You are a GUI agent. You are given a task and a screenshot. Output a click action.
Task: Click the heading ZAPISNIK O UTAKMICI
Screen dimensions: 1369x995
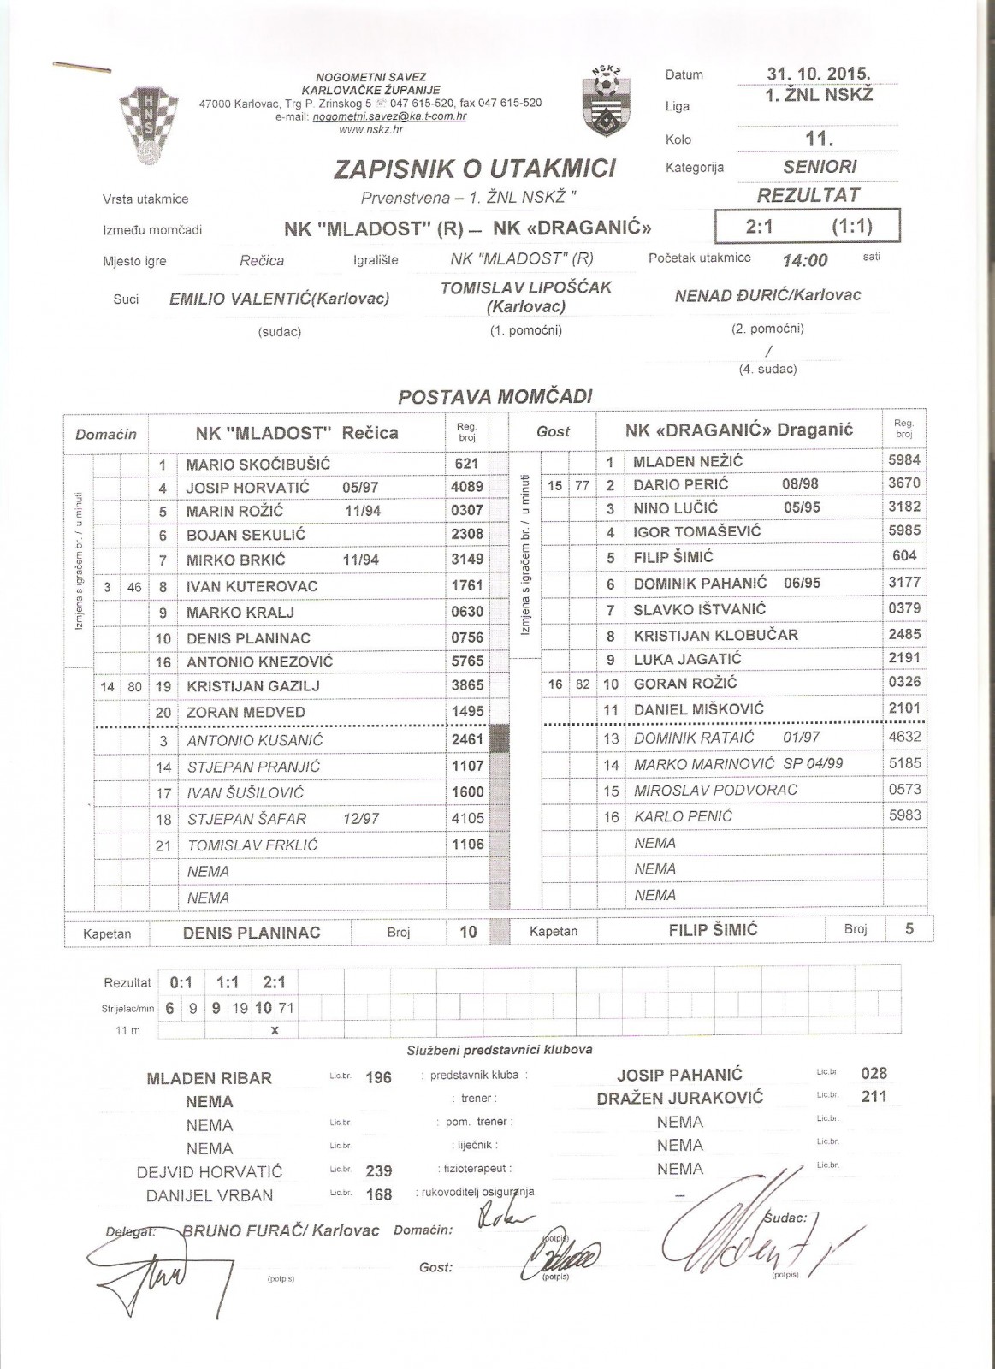pyautogui.click(x=475, y=169)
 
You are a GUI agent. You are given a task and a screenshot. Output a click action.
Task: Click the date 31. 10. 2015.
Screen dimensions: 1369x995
pyautogui.click(x=818, y=74)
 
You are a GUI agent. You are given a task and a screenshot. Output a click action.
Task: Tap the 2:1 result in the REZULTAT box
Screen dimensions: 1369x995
pyautogui.click(x=761, y=228)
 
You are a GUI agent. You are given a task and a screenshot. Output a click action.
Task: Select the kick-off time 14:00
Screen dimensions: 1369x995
pyautogui.click(x=804, y=260)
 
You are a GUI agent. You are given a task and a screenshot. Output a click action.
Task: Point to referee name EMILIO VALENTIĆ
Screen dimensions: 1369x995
pyautogui.click(x=279, y=299)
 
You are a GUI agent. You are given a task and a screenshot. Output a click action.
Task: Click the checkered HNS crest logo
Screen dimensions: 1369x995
pyautogui.click(x=139, y=126)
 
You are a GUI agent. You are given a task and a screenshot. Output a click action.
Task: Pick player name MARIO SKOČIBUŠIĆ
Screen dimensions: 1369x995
pyautogui.click(x=258, y=465)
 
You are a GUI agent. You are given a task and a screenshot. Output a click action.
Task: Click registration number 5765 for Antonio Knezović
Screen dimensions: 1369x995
pyautogui.click(x=467, y=661)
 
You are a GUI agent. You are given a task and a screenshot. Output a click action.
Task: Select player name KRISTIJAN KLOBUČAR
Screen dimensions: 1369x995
pyautogui.click(x=703, y=635)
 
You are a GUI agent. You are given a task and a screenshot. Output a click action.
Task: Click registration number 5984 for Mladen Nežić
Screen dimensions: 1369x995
pyautogui.click(x=904, y=460)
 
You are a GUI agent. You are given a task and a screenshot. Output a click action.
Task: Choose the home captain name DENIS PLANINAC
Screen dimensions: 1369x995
pyautogui.click(x=252, y=933)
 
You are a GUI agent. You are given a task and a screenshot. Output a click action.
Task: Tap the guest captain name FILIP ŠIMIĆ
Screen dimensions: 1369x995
pyautogui.click(x=713, y=930)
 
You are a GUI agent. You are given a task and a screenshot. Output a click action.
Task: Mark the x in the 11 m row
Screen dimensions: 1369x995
pyautogui.click(x=275, y=1030)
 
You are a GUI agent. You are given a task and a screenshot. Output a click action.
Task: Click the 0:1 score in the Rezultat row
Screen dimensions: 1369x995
pyautogui.click(x=181, y=983)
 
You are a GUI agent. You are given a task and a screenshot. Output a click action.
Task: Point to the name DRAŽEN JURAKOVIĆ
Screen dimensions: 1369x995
pyautogui.click(x=679, y=1098)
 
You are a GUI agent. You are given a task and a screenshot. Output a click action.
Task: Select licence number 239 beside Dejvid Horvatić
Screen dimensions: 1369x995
pyautogui.click(x=378, y=1171)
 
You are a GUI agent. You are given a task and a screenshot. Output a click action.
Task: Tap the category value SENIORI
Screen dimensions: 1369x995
pyautogui.click(x=808, y=167)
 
